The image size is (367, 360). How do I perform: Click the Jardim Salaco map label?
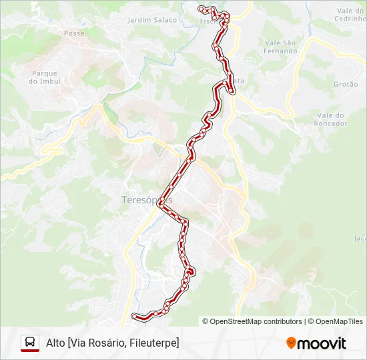[x=152, y=20]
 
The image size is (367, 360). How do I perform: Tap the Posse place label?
[x=73, y=33]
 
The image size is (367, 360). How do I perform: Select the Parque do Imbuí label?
[x=45, y=77]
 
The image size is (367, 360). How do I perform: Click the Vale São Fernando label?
[x=280, y=47]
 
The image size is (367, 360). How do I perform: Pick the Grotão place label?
[x=346, y=85]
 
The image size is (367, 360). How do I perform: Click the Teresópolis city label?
[x=147, y=200]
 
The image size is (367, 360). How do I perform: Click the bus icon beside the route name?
[x=30, y=343]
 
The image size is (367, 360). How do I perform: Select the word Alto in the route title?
[x=55, y=343]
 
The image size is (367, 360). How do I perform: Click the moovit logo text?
[x=322, y=343]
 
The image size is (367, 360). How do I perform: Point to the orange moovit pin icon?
[x=291, y=343]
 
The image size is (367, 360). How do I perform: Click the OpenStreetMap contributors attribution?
[x=252, y=321]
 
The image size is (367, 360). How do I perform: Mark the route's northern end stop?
[x=201, y=8]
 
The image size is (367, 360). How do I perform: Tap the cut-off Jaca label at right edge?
[x=360, y=238]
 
